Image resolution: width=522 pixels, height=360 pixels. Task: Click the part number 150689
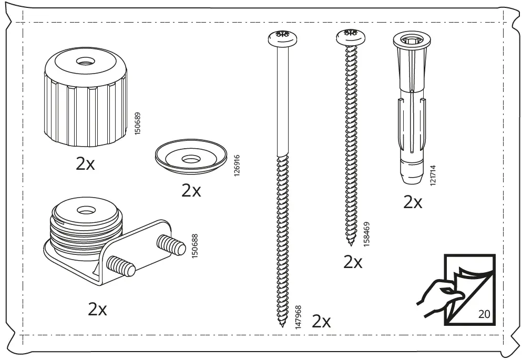tap(138, 124)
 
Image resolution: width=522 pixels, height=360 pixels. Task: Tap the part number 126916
tap(237, 166)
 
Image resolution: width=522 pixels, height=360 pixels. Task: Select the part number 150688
tap(195, 246)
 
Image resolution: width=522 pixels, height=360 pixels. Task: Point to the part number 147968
tap(298, 317)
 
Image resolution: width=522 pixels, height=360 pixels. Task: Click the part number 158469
tap(366, 234)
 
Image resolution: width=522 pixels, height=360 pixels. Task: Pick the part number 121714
tap(433, 176)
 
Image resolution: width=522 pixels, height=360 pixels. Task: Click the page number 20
tap(484, 314)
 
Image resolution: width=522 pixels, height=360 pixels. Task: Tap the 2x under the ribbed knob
tap(85, 163)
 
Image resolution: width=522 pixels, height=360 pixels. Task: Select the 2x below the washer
tap(191, 191)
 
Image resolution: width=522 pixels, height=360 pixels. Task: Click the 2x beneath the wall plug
tap(413, 202)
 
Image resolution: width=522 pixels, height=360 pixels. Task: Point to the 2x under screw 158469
tap(353, 262)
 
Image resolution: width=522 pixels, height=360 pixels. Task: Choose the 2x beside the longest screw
tap(321, 322)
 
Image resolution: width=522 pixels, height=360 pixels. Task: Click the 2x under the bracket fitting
tap(97, 309)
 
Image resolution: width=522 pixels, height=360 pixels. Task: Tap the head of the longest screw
tap(282, 38)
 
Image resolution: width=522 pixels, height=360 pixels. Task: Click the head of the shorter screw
tap(351, 37)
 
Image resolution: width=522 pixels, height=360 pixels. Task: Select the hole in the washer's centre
tap(191, 160)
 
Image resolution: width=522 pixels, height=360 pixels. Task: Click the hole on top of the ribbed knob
tap(86, 61)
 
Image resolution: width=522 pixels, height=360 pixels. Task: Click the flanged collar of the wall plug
tap(412, 40)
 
